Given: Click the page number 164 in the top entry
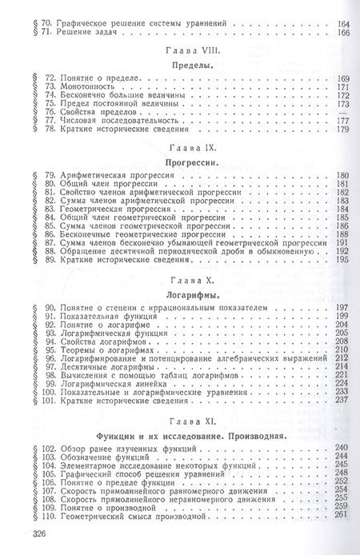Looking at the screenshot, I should pos(344,25).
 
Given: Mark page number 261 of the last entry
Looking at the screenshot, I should pos(344,516).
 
